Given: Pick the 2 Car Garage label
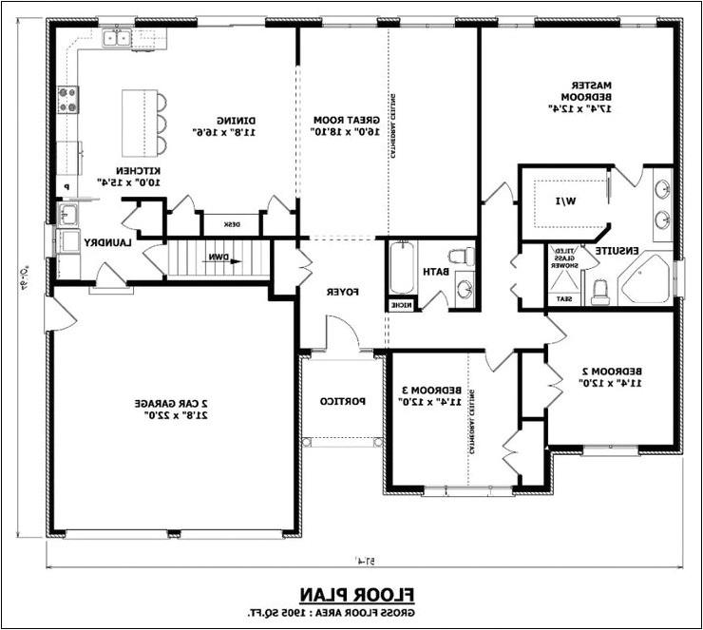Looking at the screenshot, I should click(176, 410).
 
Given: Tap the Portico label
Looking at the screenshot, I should click(337, 402).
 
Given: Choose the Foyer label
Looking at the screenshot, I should click(343, 292).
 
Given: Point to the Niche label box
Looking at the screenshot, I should click(399, 305).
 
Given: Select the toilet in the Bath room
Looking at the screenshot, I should click(462, 258).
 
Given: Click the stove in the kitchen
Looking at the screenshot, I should click(68, 99).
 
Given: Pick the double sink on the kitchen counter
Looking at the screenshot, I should click(118, 39).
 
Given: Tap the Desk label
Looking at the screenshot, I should click(231, 224).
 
